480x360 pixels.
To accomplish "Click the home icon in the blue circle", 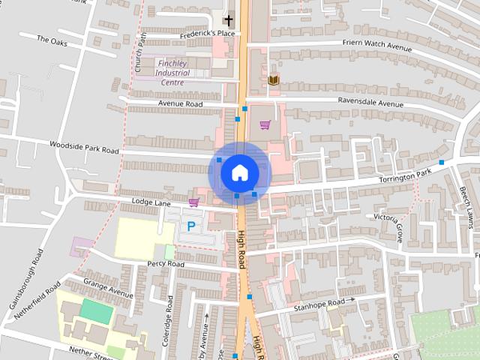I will (x=239, y=172).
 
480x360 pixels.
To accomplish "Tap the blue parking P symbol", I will (x=191, y=225).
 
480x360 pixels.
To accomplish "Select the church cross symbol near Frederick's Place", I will (x=228, y=19).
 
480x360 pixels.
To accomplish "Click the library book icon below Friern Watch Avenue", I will (x=273, y=79).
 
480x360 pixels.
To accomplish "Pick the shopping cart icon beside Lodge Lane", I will (x=194, y=202).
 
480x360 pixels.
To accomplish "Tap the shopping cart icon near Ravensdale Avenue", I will (x=264, y=124).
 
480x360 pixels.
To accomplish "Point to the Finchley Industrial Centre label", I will (x=172, y=73).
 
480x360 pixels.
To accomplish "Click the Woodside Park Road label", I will (x=84, y=146).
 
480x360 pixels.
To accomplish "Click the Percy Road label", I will (x=165, y=264).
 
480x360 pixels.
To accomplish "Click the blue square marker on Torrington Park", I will (x=442, y=162).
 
